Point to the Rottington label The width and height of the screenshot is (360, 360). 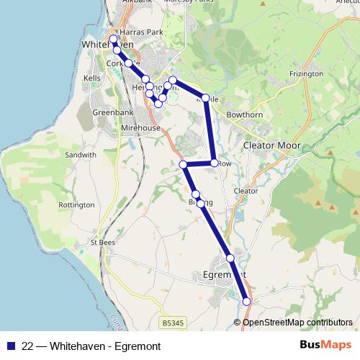coord(76,204)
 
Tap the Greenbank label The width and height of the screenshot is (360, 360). coord(110,112)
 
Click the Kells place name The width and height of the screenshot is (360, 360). coord(92,76)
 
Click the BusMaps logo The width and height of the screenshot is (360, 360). coord(324,346)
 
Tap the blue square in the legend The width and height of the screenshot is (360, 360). coord(10,346)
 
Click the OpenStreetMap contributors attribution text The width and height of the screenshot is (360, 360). coord(297,322)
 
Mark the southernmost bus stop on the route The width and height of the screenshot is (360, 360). coord(247,302)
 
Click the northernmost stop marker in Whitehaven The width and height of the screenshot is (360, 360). coord(113,39)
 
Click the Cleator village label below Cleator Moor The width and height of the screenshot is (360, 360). coord(246,190)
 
